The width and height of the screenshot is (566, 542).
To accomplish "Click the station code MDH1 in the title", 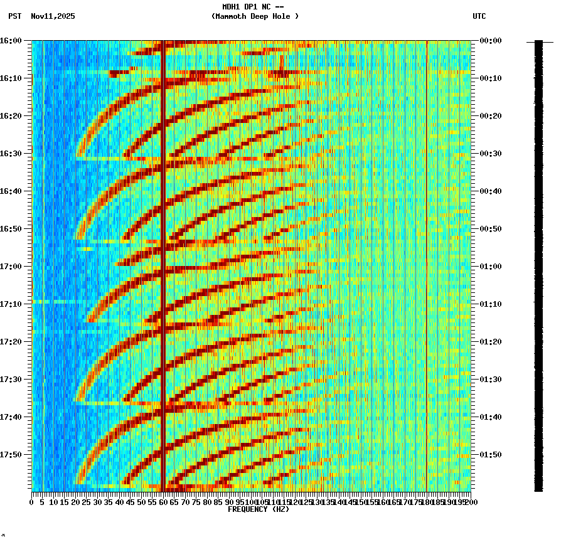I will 232,6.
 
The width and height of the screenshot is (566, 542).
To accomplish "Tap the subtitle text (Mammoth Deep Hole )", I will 255,16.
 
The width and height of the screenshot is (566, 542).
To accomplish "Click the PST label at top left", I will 14,16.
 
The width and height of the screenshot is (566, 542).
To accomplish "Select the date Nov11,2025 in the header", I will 53,16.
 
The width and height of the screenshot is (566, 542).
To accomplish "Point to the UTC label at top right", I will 479,16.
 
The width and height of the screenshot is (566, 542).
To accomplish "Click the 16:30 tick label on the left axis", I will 11,154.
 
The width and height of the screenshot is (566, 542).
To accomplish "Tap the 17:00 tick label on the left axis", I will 11,267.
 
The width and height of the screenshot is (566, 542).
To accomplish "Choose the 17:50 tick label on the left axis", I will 11,455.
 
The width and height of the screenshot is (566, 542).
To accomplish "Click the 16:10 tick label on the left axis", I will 11,78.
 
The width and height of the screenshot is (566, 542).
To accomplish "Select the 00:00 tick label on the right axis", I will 490,41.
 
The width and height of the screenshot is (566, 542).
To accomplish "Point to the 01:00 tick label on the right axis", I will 490,267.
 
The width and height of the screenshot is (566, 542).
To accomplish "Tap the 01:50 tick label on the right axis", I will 490,455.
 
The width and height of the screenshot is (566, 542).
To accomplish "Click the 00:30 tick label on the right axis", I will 490,154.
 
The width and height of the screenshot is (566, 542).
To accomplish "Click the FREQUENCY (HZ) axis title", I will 259,509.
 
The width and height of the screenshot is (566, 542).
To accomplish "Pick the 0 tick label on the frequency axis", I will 32,502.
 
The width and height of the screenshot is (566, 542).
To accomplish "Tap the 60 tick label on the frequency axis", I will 163,502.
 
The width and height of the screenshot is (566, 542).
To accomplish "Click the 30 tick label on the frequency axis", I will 97,502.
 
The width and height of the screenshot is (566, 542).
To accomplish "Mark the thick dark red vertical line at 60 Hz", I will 163,251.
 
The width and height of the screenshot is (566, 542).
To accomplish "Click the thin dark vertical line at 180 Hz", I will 427,251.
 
